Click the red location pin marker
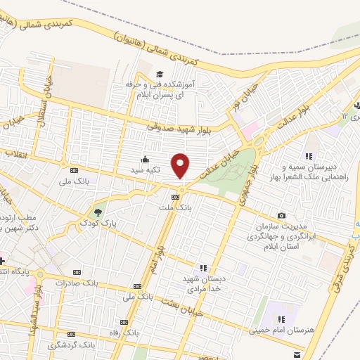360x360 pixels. pyautogui.click(x=181, y=165)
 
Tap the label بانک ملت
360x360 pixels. pyautogui.click(x=181, y=208)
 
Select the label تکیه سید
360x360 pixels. pyautogui.click(x=146, y=170)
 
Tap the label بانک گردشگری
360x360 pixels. pyautogui.click(x=71, y=345)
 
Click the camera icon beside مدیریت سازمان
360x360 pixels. pyautogui.click(x=282, y=215)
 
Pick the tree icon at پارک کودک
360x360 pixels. pyautogui.click(x=98, y=210)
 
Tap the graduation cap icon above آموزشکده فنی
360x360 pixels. pyautogui.click(x=160, y=74)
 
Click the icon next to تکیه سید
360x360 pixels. pyautogui.click(x=145, y=159)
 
